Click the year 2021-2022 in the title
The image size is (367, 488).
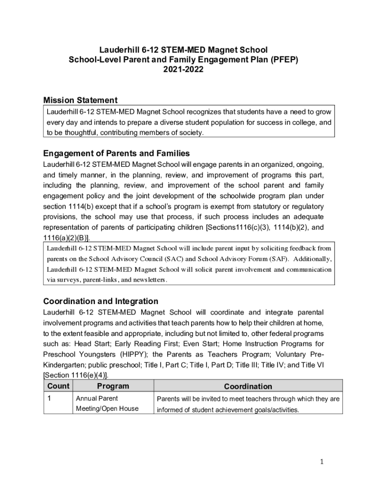tap(183, 70)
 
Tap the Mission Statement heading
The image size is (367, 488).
tap(80, 100)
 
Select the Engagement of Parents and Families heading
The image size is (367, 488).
tap(116, 153)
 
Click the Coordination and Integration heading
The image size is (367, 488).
tap(101, 301)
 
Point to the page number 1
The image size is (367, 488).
tap(322, 461)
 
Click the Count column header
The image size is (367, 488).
tap(57, 386)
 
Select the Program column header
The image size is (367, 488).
tap(112, 386)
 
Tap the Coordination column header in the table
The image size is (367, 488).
tap(248, 386)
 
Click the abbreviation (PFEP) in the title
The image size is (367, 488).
tap(283, 60)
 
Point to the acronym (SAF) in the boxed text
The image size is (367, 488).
tap(280, 259)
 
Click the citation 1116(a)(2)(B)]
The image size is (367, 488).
tap(66, 238)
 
